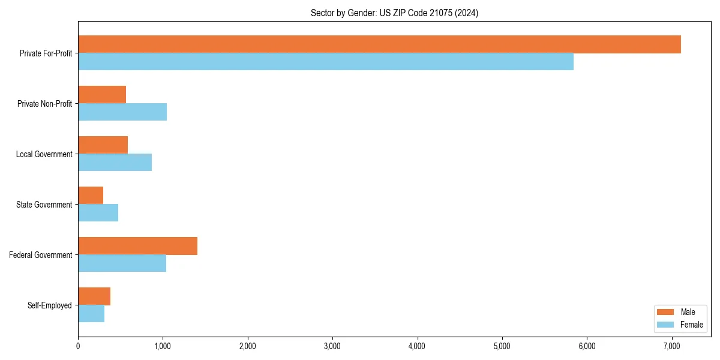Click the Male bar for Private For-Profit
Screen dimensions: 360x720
(x=379, y=44)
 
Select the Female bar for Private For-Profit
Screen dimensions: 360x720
(x=326, y=62)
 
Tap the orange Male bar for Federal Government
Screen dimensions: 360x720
(x=137, y=246)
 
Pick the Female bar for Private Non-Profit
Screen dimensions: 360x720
(x=122, y=112)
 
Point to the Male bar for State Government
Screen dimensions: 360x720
(x=91, y=196)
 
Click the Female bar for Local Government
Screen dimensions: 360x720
(x=115, y=163)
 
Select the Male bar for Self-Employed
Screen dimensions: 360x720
(x=94, y=296)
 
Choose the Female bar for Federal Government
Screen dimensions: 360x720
(x=122, y=263)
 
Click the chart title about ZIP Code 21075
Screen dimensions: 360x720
(x=394, y=13)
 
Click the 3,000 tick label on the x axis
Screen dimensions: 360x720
(x=332, y=346)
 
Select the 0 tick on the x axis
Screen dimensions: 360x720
(x=78, y=346)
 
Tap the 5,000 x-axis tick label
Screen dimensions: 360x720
(x=502, y=346)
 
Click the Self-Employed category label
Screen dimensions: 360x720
(x=49, y=305)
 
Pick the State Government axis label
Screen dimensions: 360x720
(x=44, y=205)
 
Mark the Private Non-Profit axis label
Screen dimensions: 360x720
(x=44, y=104)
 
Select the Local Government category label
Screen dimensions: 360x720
(x=44, y=154)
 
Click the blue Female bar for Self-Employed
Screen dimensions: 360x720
(x=91, y=314)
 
